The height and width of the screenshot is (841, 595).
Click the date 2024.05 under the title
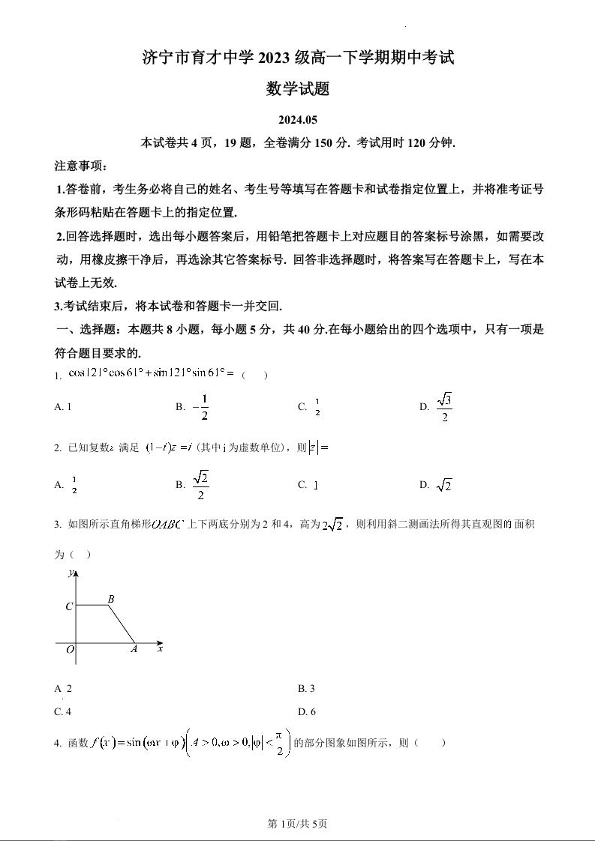pyautogui.click(x=298, y=120)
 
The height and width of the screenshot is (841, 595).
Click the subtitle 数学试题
pyautogui.click(x=298, y=89)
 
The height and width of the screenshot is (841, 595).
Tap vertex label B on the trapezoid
pyautogui.click(x=111, y=598)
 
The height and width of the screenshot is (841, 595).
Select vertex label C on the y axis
pyautogui.click(x=69, y=606)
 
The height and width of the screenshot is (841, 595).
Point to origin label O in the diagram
pyautogui.click(x=70, y=651)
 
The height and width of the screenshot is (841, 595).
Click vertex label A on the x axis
pyautogui.click(x=134, y=650)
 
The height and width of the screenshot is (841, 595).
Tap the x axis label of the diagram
pyautogui.click(x=161, y=648)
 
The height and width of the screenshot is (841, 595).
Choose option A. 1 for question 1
pyautogui.click(x=63, y=407)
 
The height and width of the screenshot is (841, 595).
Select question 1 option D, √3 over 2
pyautogui.click(x=437, y=407)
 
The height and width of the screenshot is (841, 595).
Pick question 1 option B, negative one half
pyautogui.click(x=192, y=407)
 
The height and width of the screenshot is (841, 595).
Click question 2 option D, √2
pyautogui.click(x=436, y=485)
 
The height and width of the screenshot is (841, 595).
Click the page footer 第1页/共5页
pyautogui.click(x=298, y=824)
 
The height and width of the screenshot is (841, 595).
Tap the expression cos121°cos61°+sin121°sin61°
pyautogui.click(x=151, y=373)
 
